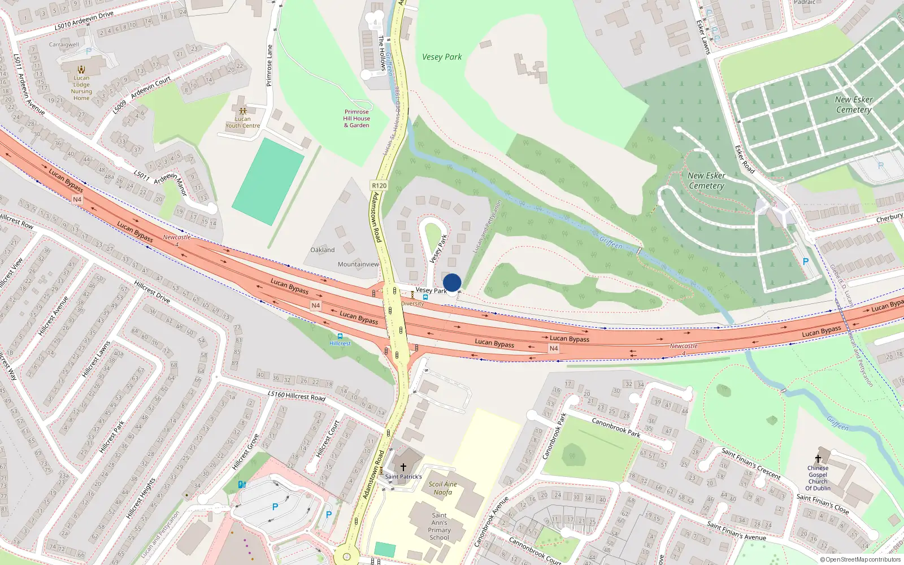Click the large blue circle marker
tap(452, 282)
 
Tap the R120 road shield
tap(379, 185)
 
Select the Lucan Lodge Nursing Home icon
tap(81, 69)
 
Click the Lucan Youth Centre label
tap(243, 122)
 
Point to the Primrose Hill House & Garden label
tap(357, 119)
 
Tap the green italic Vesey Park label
tap(442, 57)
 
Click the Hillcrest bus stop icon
tap(340, 336)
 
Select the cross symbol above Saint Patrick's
tap(403, 467)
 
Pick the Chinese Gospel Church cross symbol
tap(818, 459)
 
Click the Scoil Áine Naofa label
tap(443, 488)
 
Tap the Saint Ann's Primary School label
tap(439, 526)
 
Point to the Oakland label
tap(323, 250)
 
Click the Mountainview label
tap(358, 264)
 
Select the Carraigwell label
tap(64, 45)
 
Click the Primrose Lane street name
tap(269, 66)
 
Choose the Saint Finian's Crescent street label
tap(751, 463)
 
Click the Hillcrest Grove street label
tap(245, 452)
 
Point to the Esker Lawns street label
tap(703, 37)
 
